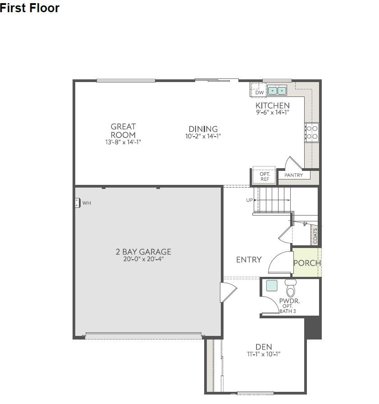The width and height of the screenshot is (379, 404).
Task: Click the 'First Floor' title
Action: (30, 8)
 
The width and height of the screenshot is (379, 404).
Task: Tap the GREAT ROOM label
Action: (123, 131)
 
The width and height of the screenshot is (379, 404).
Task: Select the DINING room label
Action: (203, 129)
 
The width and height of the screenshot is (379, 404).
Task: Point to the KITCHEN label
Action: (272, 106)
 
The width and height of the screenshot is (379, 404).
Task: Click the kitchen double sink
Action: (278, 91)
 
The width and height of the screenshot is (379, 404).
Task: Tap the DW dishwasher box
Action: (259, 92)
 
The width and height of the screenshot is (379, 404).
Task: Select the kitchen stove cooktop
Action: (311, 132)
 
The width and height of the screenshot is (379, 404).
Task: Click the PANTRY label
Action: (294, 175)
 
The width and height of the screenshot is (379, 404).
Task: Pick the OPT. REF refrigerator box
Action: (265, 176)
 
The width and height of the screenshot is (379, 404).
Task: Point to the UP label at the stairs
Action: (250, 200)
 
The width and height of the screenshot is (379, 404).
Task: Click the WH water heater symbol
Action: (78, 203)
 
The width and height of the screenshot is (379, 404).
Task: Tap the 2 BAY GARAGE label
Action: (143, 252)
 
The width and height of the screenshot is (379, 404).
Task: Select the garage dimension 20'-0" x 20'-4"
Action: (143, 259)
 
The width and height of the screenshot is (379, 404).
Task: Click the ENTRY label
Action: (249, 260)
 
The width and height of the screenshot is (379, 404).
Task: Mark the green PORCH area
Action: (307, 262)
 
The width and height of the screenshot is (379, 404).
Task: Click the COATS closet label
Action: (315, 236)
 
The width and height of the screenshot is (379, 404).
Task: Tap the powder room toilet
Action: (291, 289)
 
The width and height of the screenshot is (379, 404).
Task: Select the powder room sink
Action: (272, 285)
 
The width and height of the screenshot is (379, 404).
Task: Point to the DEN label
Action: (264, 347)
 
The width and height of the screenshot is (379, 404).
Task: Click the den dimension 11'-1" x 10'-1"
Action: (264, 354)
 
